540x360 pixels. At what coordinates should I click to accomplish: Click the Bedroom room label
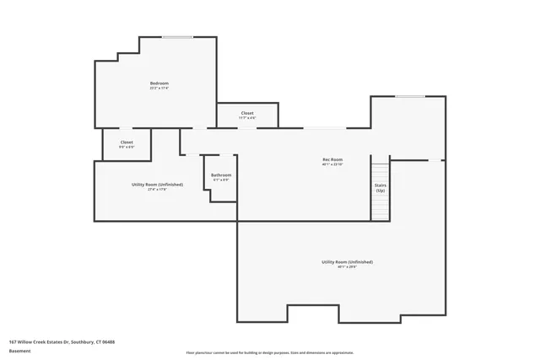(159, 83)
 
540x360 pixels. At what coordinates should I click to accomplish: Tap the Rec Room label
(332, 159)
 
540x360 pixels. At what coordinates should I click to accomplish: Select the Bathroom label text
(221, 175)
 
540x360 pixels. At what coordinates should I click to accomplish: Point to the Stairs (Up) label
(381, 187)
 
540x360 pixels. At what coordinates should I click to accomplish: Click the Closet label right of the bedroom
(247, 113)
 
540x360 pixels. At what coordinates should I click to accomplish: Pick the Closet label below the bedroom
(127, 142)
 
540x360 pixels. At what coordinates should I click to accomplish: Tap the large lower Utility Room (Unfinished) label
(347, 262)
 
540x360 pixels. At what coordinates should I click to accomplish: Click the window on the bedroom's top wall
(177, 36)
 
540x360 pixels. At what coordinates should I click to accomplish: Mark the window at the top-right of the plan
(410, 96)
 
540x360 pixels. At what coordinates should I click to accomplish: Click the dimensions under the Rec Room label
(332, 164)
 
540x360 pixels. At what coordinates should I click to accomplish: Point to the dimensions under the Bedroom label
(159, 88)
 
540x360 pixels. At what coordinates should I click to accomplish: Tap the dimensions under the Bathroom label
(221, 180)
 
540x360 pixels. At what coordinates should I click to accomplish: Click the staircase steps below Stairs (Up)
(381, 207)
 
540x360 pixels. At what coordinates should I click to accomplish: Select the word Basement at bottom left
(19, 349)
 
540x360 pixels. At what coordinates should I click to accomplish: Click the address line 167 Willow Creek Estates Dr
(62, 341)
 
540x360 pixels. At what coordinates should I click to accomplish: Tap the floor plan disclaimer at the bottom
(269, 352)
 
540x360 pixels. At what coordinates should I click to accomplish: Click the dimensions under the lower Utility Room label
(347, 267)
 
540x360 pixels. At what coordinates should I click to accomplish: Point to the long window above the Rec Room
(324, 128)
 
